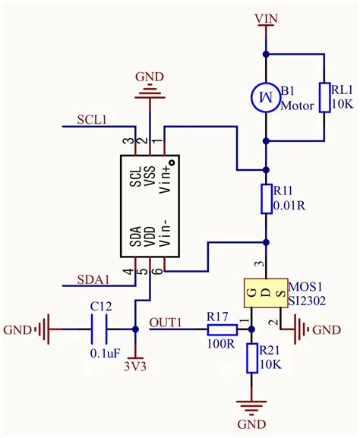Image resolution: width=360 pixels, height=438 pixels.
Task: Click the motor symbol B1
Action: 266,97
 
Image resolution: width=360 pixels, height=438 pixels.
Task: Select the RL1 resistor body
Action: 325,97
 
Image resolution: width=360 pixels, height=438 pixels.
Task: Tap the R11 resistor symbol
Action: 266,199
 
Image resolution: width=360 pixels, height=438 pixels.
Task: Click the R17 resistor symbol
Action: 223,329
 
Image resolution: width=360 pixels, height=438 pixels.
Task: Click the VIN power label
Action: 267,17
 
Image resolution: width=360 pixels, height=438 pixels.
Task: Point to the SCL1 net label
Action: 92,120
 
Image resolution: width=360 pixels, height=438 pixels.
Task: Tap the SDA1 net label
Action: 93,279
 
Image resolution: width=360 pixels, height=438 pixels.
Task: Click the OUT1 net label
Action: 166,322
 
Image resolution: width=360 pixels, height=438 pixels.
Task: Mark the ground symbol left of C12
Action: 47,329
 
